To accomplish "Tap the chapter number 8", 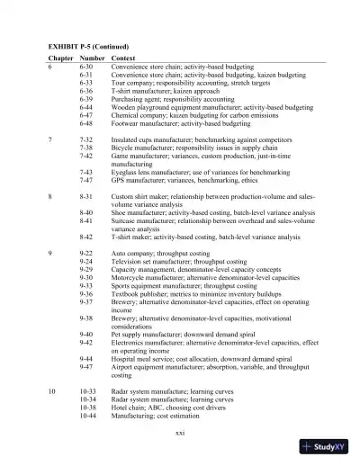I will tap(50, 195).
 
